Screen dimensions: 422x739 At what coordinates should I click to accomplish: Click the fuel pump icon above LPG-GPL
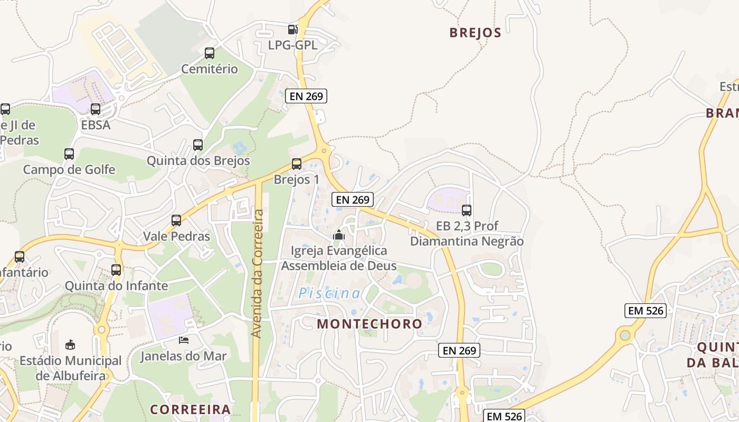[x=292, y=30]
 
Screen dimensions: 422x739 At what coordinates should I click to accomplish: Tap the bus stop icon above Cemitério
[x=210, y=53]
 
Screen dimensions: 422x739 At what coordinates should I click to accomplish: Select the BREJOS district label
[x=475, y=33]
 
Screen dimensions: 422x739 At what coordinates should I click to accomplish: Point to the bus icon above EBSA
[x=96, y=109]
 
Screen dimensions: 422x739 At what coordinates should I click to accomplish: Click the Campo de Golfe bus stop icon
[x=69, y=154]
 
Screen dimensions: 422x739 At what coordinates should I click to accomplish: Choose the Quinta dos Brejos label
[x=198, y=160]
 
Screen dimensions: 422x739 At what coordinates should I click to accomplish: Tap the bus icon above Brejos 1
[x=297, y=164]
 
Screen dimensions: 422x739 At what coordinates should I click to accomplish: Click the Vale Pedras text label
[x=177, y=236]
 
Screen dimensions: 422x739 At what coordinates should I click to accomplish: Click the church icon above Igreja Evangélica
[x=339, y=235]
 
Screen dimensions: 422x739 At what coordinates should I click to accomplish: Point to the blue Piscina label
[x=329, y=293]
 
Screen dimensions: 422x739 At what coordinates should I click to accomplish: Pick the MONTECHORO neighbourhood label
[x=369, y=324]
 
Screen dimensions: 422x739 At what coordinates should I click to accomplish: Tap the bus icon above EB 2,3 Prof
[x=467, y=210]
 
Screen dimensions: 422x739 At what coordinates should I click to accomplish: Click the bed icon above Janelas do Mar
[x=184, y=340]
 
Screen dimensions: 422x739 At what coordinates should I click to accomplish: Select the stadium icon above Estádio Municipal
[x=70, y=345]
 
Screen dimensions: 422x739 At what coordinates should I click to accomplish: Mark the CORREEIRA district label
[x=191, y=409]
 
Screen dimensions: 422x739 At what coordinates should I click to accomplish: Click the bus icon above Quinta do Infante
[x=116, y=270]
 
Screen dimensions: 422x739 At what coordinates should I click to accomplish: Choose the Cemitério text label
[x=210, y=69]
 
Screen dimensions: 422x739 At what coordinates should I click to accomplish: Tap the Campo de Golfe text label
[x=69, y=170]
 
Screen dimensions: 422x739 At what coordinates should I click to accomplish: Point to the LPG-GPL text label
[x=292, y=45]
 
